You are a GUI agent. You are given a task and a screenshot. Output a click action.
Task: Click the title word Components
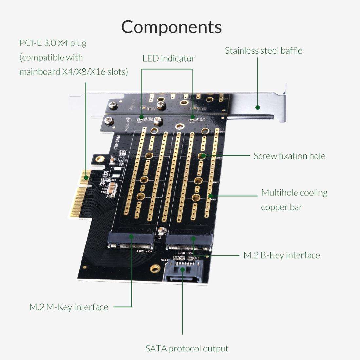(x=171, y=27)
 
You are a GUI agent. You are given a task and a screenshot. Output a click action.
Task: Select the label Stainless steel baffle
(x=263, y=51)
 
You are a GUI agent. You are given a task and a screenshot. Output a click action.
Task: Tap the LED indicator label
(x=169, y=59)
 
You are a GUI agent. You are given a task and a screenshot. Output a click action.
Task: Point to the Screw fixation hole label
(x=289, y=156)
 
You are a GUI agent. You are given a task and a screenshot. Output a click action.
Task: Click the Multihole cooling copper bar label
(x=294, y=200)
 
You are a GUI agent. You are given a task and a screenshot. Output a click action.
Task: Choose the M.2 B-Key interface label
(x=282, y=255)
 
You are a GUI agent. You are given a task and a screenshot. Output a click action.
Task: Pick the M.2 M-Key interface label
(x=69, y=307)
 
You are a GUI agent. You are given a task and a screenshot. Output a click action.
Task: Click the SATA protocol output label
(x=187, y=349)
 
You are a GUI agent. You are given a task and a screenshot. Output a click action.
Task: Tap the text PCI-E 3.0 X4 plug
(x=53, y=43)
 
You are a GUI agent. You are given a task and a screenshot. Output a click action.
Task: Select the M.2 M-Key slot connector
(x=131, y=243)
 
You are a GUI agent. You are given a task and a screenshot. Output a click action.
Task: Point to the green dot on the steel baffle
(x=258, y=107)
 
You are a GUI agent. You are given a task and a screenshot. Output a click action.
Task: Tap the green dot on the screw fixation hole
(x=203, y=156)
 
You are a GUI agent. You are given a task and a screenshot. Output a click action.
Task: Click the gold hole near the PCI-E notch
(x=100, y=159)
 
